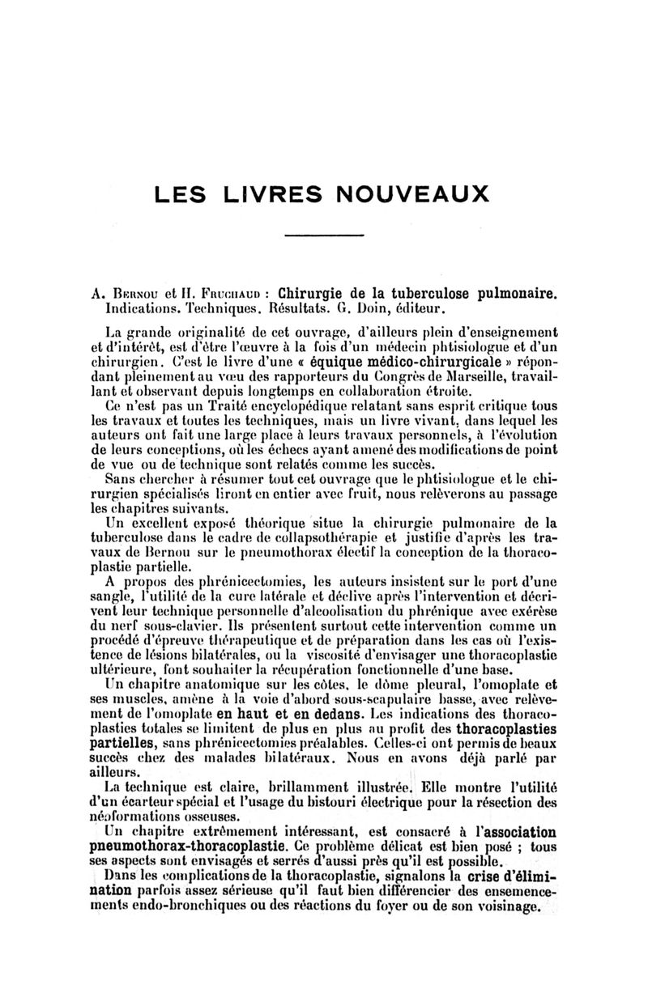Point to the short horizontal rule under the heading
pos(323,235)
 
